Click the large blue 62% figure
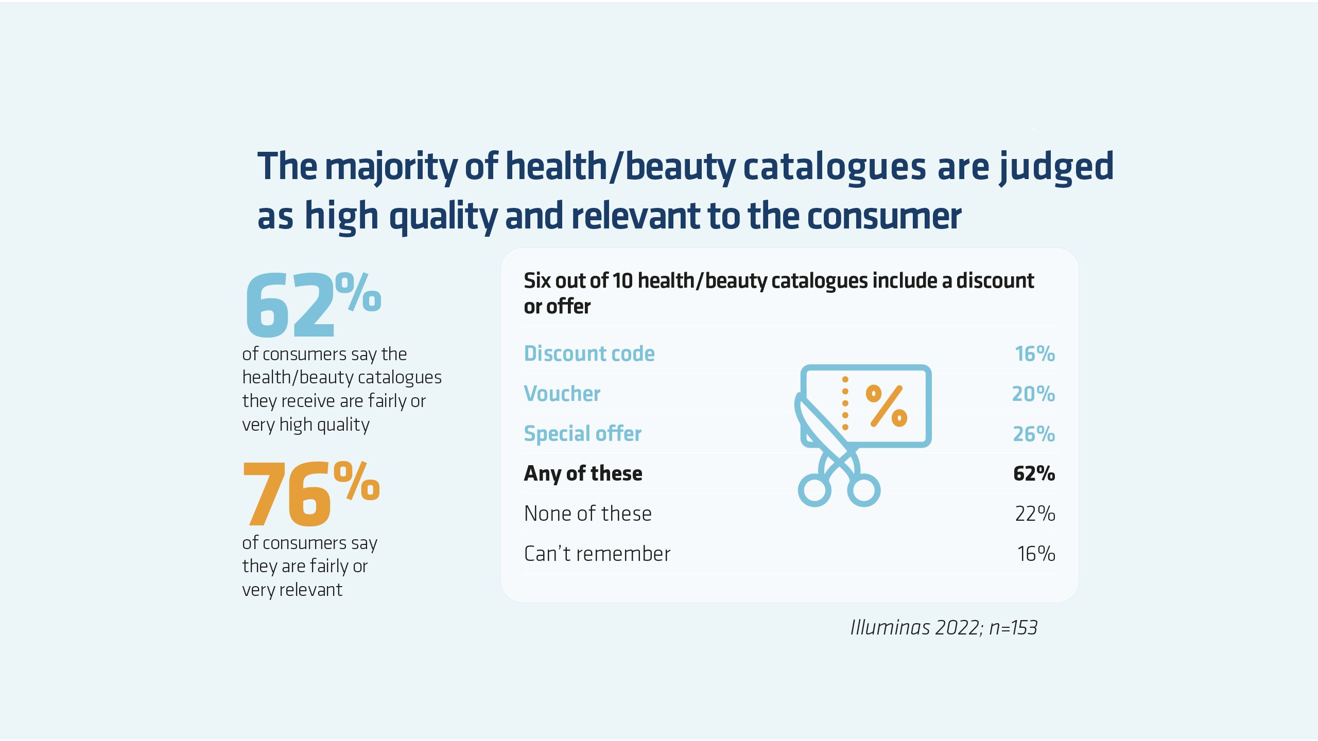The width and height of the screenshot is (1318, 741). tap(313, 305)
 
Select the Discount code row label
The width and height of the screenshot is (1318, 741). tap(589, 354)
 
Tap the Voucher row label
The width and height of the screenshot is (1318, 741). tap(562, 394)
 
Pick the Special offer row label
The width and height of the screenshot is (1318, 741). tap(582, 434)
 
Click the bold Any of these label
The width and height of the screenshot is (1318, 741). tap(583, 473)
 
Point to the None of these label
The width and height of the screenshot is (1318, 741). tap(587, 514)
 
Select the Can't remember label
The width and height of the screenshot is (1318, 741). tap(597, 554)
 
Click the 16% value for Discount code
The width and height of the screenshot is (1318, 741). tap(1034, 354)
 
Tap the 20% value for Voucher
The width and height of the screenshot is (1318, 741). tap(1033, 394)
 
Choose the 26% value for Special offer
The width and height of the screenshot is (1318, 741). tap(1034, 434)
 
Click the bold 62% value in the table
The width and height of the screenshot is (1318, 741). tap(1034, 473)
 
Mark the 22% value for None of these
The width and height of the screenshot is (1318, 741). tap(1035, 514)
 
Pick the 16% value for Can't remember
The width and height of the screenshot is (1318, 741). tap(1036, 554)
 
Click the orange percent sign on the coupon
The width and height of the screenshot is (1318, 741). tap(887, 406)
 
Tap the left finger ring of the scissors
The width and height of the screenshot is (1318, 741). tap(814, 490)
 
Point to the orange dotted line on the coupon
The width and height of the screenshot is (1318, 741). tap(845, 403)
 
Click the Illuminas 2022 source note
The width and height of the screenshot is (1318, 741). tap(943, 627)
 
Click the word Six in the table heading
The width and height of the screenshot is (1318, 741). tap(537, 281)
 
